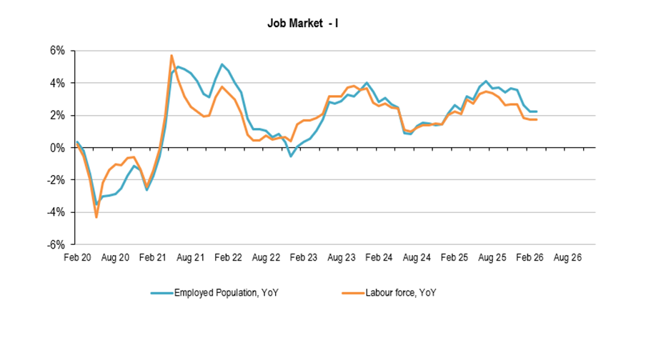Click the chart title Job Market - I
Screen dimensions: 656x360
coord(302,24)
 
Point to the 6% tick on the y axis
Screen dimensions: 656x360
coord(58,51)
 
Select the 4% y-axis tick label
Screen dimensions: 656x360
coord(58,83)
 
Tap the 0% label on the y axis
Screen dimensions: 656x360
coord(58,148)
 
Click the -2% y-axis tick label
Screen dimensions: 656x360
coord(56,180)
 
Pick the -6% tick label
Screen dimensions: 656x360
coord(56,244)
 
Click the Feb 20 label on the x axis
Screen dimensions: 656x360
coord(77,258)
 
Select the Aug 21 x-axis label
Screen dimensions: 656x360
coord(190,258)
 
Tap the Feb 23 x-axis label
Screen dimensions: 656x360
coord(303,258)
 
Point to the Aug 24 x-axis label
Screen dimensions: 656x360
coord(417,258)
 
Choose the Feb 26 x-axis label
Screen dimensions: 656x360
coord(530,258)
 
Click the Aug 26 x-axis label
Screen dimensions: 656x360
coord(567,258)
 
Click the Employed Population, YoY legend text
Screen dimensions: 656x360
coord(227,293)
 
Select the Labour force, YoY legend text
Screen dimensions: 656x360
coord(401,293)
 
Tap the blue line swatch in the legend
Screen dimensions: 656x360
coord(162,293)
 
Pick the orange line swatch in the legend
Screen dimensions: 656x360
coord(353,293)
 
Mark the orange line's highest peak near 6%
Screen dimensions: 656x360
coord(172,55)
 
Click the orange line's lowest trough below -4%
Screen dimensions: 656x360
coord(96,217)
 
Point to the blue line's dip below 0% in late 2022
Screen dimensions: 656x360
coord(291,156)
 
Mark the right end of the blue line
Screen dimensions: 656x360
coord(537,111)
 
